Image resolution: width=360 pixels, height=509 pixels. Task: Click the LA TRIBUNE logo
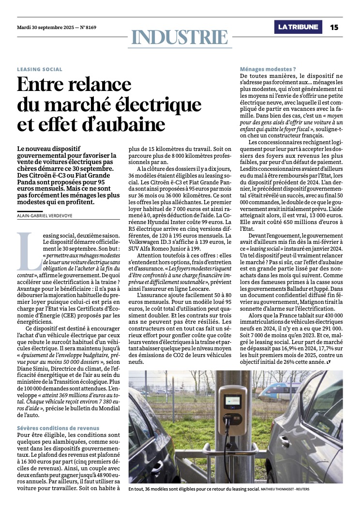(299, 27)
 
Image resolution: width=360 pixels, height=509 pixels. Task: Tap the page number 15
(335, 27)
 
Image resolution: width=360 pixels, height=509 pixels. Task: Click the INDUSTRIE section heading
(180, 37)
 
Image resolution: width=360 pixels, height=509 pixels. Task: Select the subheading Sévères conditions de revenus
(58, 428)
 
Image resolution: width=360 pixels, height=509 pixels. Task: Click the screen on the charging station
(233, 401)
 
